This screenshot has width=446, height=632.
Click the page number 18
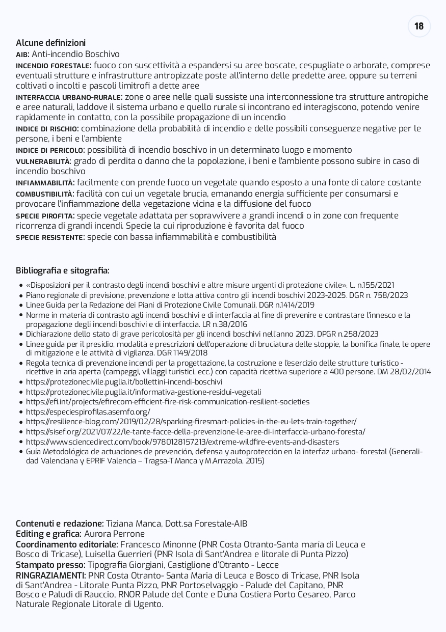[419, 26]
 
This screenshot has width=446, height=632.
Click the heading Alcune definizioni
[50, 43]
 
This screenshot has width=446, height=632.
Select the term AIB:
[22, 54]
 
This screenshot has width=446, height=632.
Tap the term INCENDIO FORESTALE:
[54, 66]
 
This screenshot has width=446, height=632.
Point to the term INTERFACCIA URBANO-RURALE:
[69, 97]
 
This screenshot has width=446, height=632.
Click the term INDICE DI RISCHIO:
[47, 129]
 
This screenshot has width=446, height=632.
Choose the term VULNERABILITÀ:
[43, 161]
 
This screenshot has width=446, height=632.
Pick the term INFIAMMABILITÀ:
[45, 183]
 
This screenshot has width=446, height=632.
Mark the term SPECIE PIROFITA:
[45, 216]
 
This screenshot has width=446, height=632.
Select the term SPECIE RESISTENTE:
[50, 237]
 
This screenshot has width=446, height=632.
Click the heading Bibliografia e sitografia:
[62, 270]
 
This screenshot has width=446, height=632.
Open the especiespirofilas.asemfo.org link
[88, 411]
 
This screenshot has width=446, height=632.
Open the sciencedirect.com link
[182, 442]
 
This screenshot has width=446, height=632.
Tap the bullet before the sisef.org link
[20, 432]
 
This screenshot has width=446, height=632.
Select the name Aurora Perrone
[114, 534]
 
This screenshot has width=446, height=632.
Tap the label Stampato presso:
[50, 565]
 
